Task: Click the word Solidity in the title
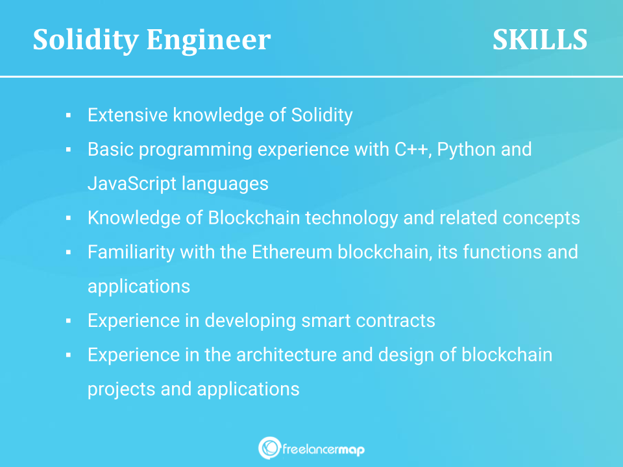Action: coord(86,40)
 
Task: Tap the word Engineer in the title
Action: coord(208,40)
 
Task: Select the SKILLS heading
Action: coord(539,40)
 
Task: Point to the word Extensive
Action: coord(128,115)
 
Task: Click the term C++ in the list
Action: coord(413,149)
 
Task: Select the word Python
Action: coord(466,150)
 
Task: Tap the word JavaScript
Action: coord(132,184)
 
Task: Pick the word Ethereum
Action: coord(292,252)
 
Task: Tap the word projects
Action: coord(121,390)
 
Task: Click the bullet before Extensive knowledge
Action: coord(68,115)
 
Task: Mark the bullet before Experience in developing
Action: coord(68,321)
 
